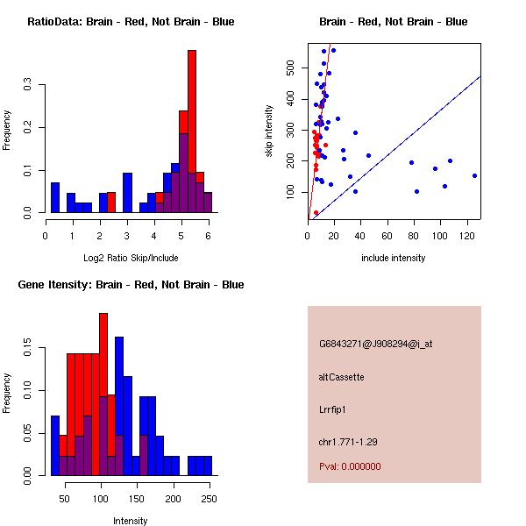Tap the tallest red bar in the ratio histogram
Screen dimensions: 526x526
[192, 123]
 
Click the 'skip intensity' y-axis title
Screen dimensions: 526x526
[269, 131]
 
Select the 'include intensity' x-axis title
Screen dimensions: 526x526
[394, 258]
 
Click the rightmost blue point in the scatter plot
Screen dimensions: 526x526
[474, 175]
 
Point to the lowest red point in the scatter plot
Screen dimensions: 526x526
[316, 213]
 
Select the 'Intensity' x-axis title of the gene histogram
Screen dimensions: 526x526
[131, 521]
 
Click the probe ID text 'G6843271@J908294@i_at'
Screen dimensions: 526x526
[375, 344]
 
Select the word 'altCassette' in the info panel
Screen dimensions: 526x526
[341, 377]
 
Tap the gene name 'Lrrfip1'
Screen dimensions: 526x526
[334, 409]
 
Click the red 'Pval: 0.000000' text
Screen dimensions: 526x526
[350, 467]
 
